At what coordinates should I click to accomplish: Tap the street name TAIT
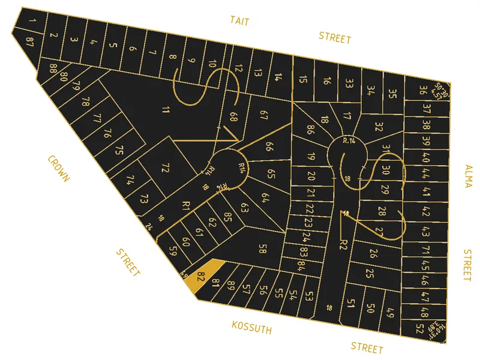239,21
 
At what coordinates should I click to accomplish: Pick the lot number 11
166,109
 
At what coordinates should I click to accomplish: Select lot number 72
166,168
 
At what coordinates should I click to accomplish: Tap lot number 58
262,248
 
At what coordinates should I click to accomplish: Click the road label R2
343,244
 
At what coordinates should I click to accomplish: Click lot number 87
29,40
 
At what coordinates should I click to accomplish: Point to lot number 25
370,274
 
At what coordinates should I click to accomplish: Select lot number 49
390,313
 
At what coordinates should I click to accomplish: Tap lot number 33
349,83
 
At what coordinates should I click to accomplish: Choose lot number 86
310,129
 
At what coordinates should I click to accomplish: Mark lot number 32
379,127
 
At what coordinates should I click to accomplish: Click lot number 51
352,304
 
